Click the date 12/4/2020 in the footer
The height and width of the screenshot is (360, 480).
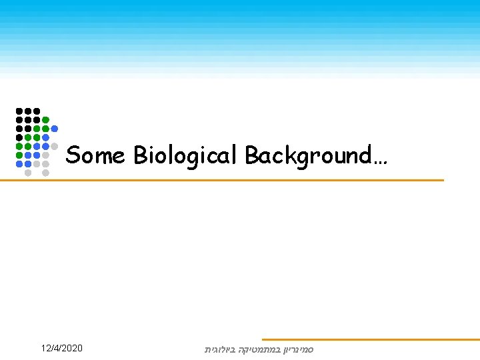61,348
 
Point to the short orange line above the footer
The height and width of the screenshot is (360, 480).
370,339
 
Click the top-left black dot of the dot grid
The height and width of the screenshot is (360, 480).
19,111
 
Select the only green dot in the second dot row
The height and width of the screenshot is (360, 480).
45,120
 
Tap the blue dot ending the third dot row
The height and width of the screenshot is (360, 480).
55,129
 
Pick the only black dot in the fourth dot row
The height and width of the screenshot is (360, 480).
19,137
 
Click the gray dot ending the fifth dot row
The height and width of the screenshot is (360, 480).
55,146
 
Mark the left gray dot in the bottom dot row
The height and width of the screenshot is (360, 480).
28,172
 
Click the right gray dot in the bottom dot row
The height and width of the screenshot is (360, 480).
45,172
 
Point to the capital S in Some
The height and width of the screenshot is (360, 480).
73,155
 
